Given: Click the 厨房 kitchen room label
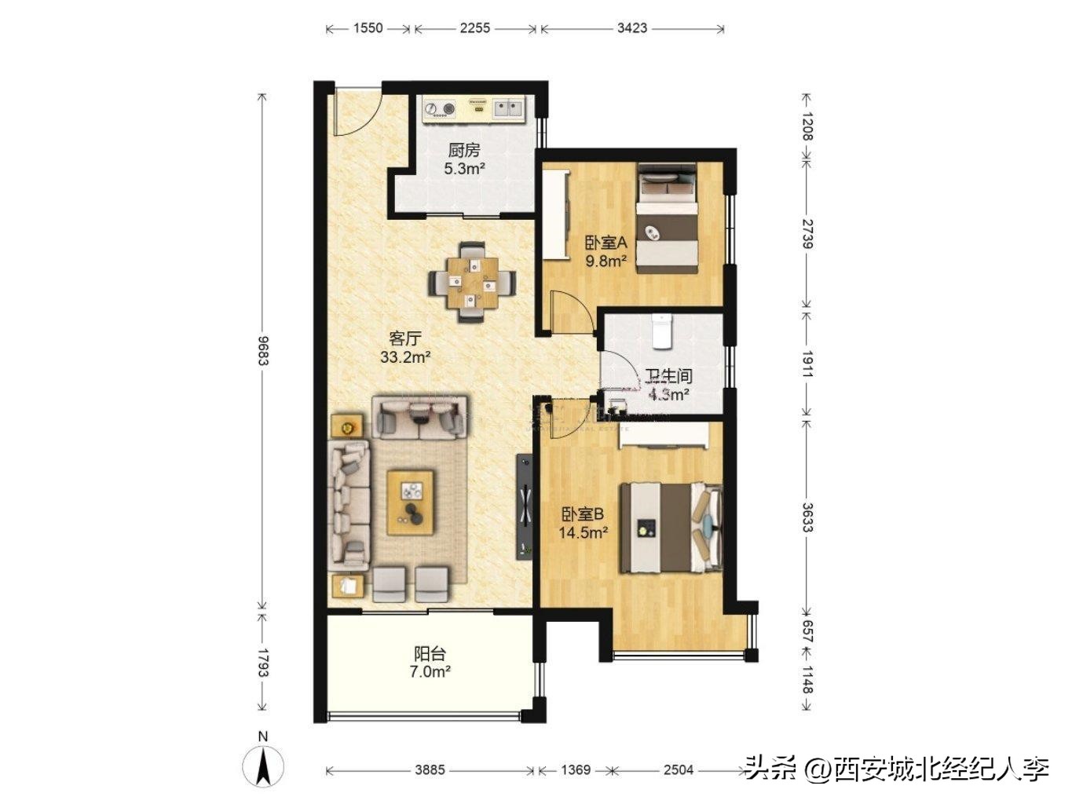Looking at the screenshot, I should coord(463,150).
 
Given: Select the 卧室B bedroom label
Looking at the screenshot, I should coord(582,514).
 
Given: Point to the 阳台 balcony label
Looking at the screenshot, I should coord(430,653).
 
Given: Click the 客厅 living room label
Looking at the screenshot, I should coord(405,339).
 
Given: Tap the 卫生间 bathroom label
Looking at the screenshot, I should coord(668,377).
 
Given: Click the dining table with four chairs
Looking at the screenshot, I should coord(472,281).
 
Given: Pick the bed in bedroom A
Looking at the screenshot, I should coord(667,218).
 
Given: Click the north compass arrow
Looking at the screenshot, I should coord(263,766).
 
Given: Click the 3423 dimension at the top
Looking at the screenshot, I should coord(632,28).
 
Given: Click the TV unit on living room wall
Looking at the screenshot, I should coord(523,506).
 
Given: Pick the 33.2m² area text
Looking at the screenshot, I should coord(405,357).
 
